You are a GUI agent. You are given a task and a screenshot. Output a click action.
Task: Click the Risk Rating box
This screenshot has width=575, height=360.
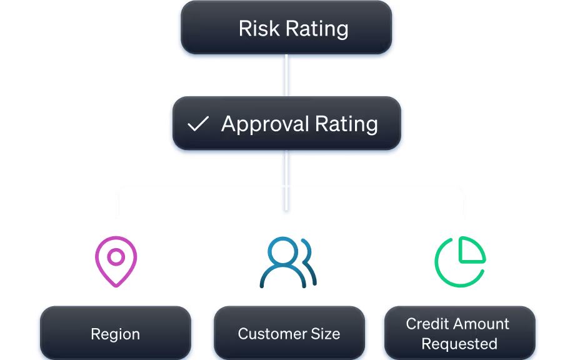coord(286,28)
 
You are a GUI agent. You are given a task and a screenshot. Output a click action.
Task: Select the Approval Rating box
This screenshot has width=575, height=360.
coord(286,124)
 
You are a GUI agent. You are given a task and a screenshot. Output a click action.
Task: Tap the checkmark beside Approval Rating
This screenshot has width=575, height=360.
coord(198,124)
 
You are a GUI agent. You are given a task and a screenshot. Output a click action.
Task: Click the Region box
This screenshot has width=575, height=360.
coord(115,334)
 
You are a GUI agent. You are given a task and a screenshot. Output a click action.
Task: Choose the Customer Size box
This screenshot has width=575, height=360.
coord(289,334)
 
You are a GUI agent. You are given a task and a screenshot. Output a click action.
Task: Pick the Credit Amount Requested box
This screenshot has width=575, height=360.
coord(458,334)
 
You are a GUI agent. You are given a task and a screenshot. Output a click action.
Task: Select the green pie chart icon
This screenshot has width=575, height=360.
coord(459,261)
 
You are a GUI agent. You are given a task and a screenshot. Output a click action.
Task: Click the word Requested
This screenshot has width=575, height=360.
coord(459,344)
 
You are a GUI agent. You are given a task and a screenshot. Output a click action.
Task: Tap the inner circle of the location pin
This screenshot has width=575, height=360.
coord(116,256)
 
